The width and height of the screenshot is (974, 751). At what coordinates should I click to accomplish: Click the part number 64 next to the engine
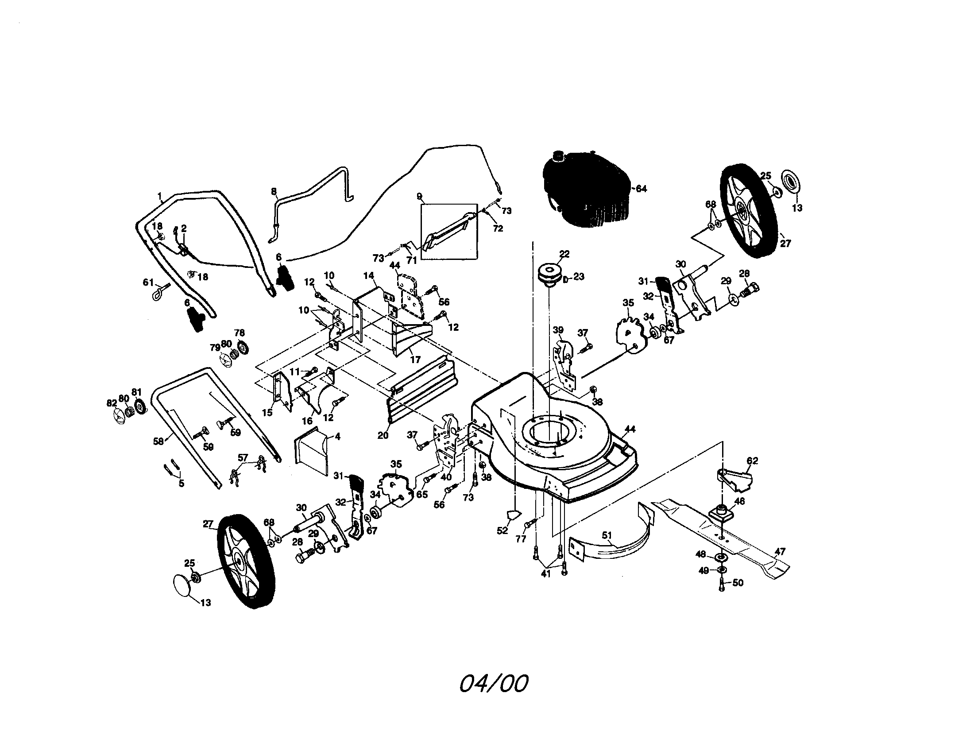pyautogui.click(x=641, y=189)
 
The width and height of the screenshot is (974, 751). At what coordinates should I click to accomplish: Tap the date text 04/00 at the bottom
pyautogui.click(x=494, y=684)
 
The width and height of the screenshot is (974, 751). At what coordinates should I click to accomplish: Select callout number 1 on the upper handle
pyautogui.click(x=160, y=195)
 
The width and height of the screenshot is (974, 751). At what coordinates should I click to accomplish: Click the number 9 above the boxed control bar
pyautogui.click(x=419, y=197)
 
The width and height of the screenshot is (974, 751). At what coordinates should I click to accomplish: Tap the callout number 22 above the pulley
pyautogui.click(x=564, y=254)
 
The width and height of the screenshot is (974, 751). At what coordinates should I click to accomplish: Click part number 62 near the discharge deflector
pyautogui.click(x=752, y=461)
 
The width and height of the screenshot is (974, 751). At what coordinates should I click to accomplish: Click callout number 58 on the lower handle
pyautogui.click(x=158, y=442)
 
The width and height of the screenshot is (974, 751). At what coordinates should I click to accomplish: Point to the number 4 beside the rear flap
pyautogui.click(x=338, y=437)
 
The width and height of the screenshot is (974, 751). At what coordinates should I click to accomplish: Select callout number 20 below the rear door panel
pyautogui.click(x=383, y=435)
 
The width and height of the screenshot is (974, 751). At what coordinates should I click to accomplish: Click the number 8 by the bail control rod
pyautogui.click(x=274, y=192)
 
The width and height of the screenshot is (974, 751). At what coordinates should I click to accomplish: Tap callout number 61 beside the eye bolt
pyautogui.click(x=148, y=283)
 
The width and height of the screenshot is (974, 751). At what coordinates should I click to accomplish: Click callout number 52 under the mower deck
pyautogui.click(x=502, y=530)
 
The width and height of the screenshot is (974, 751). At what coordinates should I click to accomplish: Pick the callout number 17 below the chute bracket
pyautogui.click(x=415, y=360)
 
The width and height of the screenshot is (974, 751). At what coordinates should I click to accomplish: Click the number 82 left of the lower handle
pyautogui.click(x=112, y=403)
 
